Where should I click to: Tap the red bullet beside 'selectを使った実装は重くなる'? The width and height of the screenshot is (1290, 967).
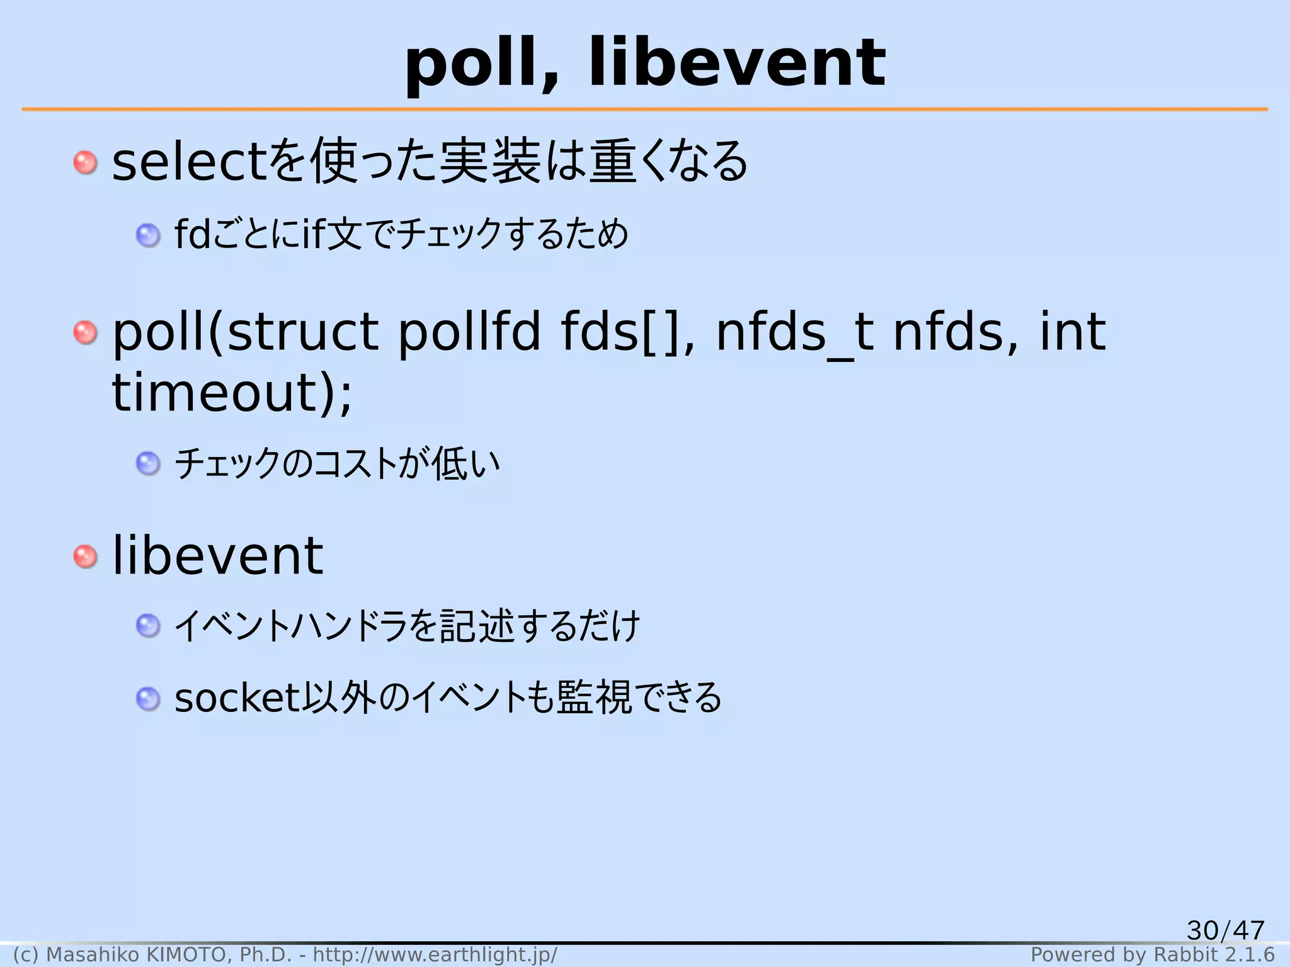85,162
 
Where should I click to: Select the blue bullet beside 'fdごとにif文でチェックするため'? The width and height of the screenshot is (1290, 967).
148,235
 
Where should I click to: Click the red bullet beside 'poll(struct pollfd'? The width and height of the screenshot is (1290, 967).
85,332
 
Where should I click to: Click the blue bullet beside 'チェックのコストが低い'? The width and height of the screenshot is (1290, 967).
148,464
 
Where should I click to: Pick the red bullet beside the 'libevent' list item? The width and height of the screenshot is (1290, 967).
85,557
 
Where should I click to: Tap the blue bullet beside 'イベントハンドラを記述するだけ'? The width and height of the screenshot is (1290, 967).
148,626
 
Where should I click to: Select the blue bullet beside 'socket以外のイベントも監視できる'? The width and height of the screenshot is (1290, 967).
148,699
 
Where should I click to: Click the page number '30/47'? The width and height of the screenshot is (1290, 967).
1225,930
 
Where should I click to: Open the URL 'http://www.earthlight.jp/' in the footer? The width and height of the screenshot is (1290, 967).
435,955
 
